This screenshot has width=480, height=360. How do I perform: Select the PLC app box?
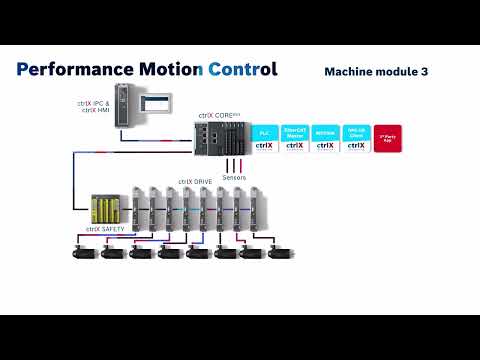[264, 138]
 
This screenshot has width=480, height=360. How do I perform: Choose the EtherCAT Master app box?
[295, 138]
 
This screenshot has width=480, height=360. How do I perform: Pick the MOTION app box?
[325, 138]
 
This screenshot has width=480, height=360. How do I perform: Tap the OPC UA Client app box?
[355, 138]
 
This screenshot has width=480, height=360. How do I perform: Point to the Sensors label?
[233, 177]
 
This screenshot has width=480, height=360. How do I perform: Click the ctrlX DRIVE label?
[195, 181]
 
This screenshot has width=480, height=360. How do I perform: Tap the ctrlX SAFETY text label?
[103, 231]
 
